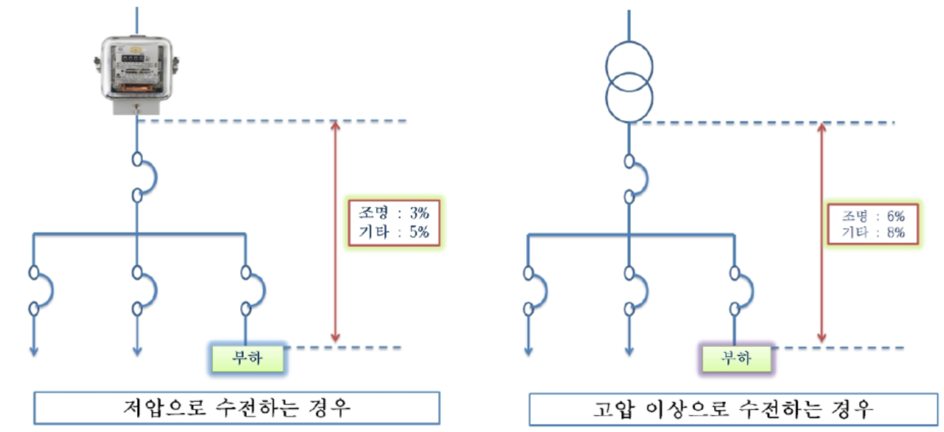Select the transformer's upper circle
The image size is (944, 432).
click(x=629, y=65)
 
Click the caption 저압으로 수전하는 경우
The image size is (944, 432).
click(x=236, y=409)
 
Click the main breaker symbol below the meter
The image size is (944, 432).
click(x=144, y=178)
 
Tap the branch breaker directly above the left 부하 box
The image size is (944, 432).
click(x=252, y=289)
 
